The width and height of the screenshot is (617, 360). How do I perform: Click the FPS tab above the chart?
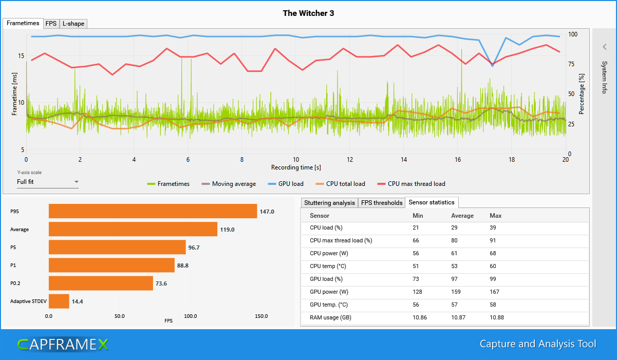click(x=51, y=24)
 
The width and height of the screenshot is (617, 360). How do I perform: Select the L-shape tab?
click(x=73, y=24)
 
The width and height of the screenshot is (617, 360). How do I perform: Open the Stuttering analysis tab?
click(x=329, y=203)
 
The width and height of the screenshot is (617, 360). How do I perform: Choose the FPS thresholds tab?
click(x=382, y=203)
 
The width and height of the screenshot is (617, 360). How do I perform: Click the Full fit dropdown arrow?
click(x=76, y=182)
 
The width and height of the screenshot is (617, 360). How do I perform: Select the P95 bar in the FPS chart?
click(x=153, y=211)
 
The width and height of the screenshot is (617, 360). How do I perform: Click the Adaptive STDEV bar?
click(x=59, y=301)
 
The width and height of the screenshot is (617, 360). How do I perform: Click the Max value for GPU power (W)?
click(x=496, y=292)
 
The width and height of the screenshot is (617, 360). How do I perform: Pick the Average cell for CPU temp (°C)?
click(x=456, y=266)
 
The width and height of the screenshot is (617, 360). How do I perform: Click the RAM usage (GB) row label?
click(x=330, y=317)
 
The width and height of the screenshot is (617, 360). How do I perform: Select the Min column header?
click(x=418, y=216)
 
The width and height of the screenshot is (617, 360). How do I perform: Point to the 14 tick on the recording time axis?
click(x=404, y=160)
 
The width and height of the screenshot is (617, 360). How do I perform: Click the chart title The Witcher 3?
click(x=308, y=13)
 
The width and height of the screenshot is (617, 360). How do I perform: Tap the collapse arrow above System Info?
click(x=605, y=47)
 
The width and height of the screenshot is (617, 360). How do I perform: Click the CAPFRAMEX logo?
click(x=63, y=345)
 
